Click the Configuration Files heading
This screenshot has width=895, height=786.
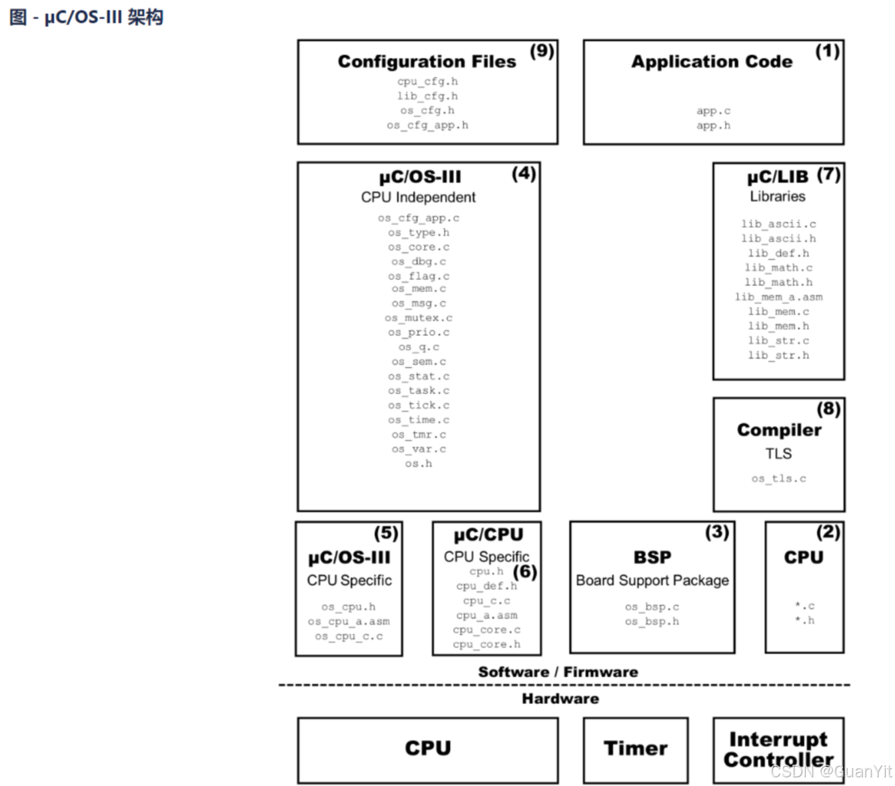pyautogui.click(x=427, y=61)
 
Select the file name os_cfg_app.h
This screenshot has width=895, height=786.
pyautogui.click(x=427, y=125)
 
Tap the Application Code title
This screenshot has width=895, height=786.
pyautogui.click(x=712, y=62)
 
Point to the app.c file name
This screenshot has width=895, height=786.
pyautogui.click(x=713, y=111)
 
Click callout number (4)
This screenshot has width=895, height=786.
pyautogui.click(x=524, y=173)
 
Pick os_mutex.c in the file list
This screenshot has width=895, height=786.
pyautogui.click(x=419, y=318)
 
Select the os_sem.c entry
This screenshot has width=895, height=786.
pyautogui.click(x=419, y=361)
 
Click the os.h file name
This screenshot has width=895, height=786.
pyautogui.click(x=419, y=463)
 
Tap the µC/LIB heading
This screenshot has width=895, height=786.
pyautogui.click(x=777, y=177)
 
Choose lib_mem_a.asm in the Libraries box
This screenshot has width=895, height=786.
pyautogui.click(x=778, y=297)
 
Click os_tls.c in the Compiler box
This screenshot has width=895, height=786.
pyautogui.click(x=778, y=479)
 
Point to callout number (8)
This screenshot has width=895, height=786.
pyautogui.click(x=828, y=409)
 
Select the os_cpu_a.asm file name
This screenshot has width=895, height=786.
pyautogui.click(x=349, y=621)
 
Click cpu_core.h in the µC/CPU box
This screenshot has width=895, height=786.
pyautogui.click(x=486, y=645)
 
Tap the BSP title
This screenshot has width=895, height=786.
pyautogui.click(x=652, y=557)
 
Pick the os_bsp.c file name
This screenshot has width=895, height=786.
pyautogui.click(x=652, y=607)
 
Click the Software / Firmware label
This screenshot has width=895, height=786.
pyautogui.click(x=558, y=672)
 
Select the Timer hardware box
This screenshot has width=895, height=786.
pyautogui.click(x=635, y=749)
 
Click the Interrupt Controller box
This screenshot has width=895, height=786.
pyautogui.click(x=778, y=749)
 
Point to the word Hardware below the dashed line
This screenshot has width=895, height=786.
pyautogui.click(x=560, y=699)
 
